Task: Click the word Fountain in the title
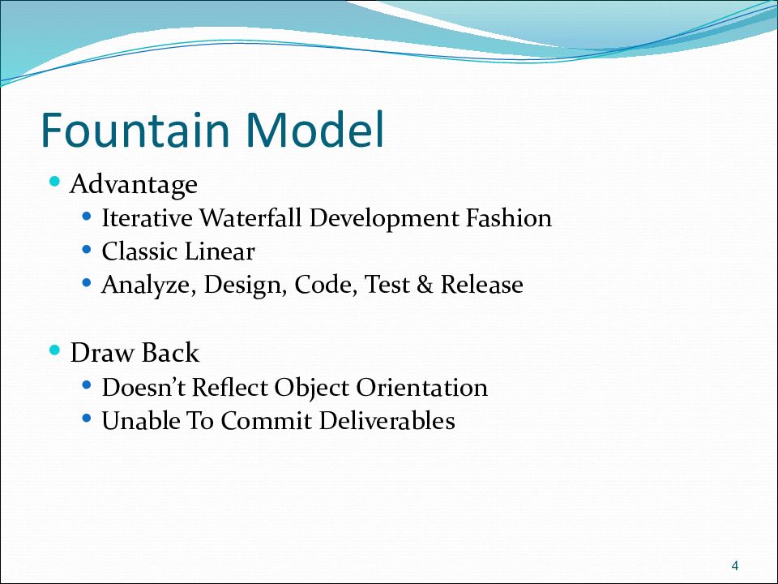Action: (135, 130)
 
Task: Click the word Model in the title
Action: (314, 130)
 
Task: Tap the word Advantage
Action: (134, 185)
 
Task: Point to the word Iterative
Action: (147, 218)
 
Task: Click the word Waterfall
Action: (250, 218)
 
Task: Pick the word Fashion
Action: (509, 218)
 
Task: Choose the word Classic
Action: (139, 251)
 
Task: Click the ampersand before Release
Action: (425, 285)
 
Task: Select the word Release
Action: (481, 285)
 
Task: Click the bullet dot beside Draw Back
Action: (55, 350)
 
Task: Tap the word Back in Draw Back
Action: (170, 353)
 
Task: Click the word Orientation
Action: (421, 388)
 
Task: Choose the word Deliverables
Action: (387, 421)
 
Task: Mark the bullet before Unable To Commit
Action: (87, 419)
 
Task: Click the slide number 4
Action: (735, 565)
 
